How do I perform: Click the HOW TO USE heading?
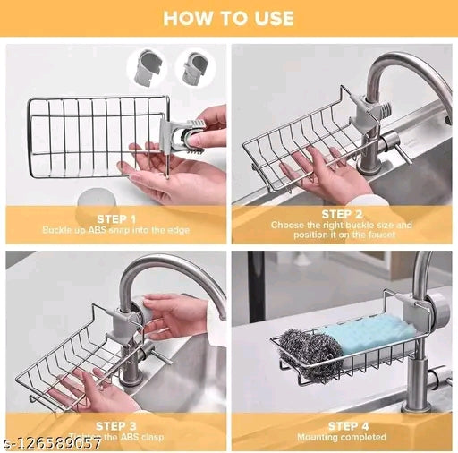point(228,17)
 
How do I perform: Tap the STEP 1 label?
point(114,218)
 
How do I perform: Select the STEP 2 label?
point(342,214)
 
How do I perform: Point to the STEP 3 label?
point(114,425)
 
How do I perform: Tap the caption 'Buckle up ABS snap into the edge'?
point(114,230)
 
